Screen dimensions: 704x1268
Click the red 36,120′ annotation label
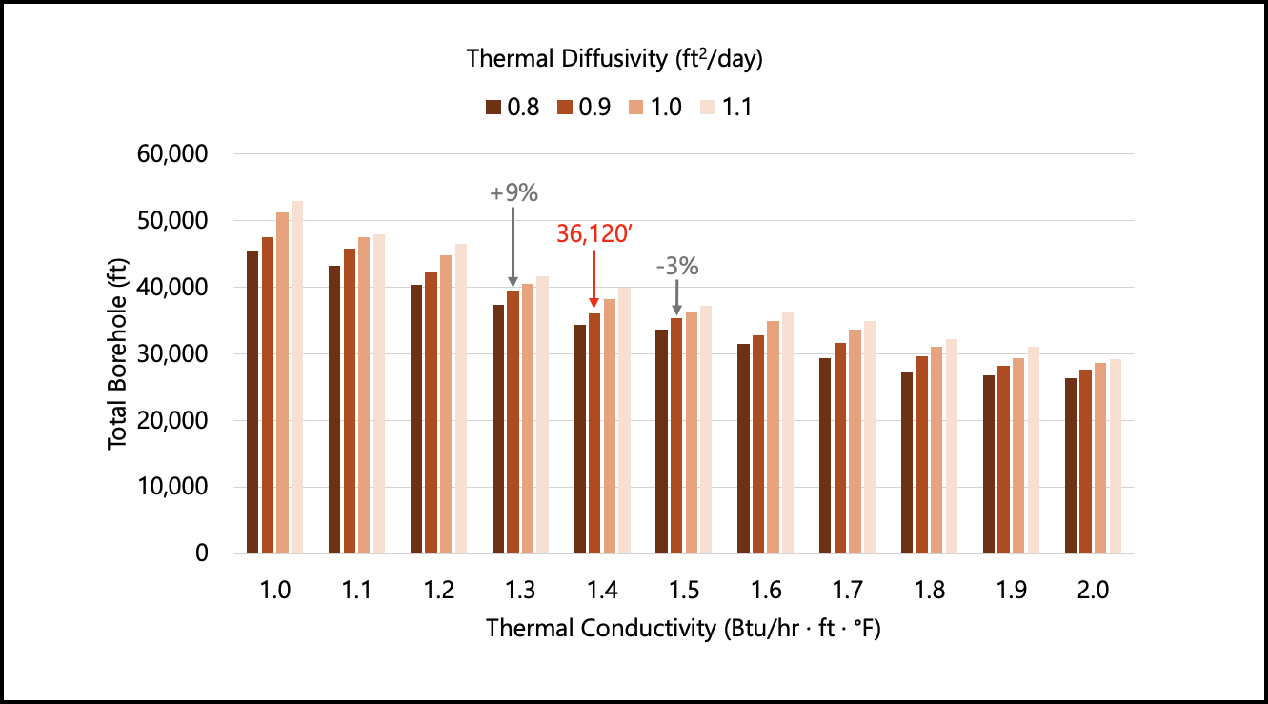pyautogui.click(x=594, y=233)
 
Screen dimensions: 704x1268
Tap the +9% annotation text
pyautogui.click(x=513, y=192)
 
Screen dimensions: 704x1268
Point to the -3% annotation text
pyautogui.click(x=677, y=267)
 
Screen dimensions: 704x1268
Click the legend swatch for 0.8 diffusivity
pyautogui.click(x=493, y=107)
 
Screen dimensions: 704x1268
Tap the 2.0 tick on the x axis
pyautogui.click(x=1093, y=591)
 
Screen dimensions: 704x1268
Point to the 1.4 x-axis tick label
pyautogui.click(x=602, y=591)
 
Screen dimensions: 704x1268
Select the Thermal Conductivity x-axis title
pyautogui.click(x=682, y=630)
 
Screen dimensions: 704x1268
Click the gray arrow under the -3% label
pyautogui.click(x=676, y=298)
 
